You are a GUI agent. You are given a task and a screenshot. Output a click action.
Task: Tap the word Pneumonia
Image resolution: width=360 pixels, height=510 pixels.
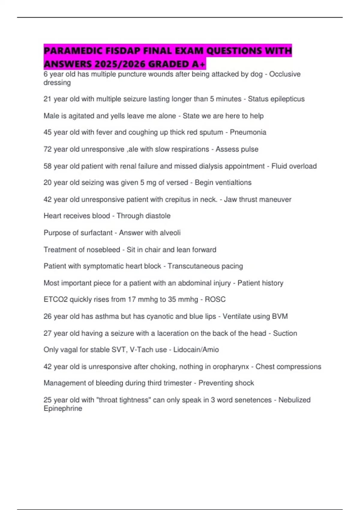click(248, 132)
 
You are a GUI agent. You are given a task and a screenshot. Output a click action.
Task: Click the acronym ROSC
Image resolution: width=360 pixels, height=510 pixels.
click(215, 299)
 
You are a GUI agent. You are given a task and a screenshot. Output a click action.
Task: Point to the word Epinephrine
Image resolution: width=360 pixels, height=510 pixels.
click(63, 409)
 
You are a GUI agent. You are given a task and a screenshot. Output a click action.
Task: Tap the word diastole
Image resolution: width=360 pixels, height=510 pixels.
click(156, 216)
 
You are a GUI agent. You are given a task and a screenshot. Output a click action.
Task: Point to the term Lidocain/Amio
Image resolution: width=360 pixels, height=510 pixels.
click(196, 350)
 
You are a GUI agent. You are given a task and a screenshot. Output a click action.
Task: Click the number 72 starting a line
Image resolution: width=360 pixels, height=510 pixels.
click(47, 149)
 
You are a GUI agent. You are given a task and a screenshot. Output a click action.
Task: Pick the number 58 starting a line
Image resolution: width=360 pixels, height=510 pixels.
click(47, 166)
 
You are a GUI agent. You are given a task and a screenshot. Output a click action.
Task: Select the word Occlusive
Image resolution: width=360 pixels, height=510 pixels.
click(285, 74)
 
